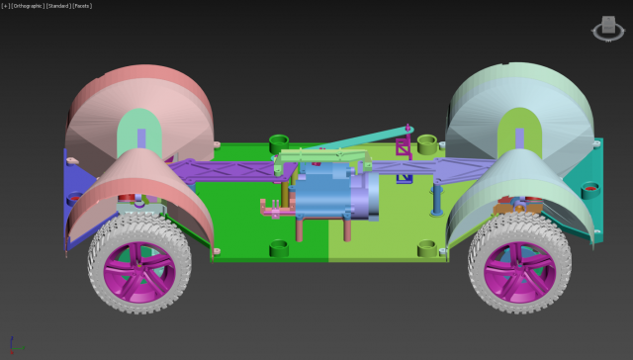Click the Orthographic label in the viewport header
click(x=27, y=5)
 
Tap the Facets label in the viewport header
click(x=82, y=5)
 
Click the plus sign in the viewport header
click(x=5, y=5)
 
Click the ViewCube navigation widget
click(x=604, y=30)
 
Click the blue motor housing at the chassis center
click(x=326, y=193)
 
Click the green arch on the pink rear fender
click(x=141, y=134)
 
